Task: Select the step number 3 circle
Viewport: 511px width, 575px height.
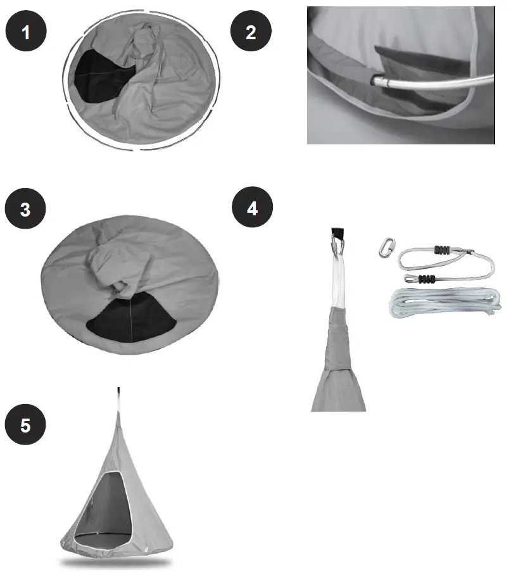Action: coord(25,210)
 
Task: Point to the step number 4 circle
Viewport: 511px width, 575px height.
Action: coord(252,208)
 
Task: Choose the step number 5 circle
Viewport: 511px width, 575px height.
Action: coord(25,425)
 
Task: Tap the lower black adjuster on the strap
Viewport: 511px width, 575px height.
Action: coord(427,279)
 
